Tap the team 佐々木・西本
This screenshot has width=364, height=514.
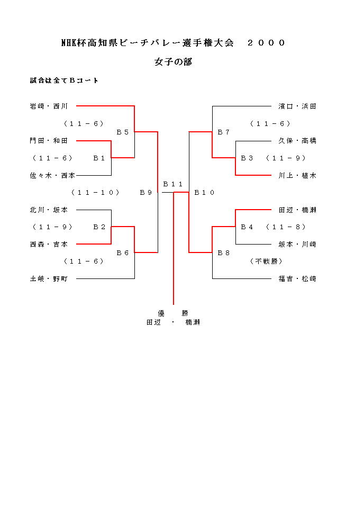tap(52, 175)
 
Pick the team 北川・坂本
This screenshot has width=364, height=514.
tap(49, 210)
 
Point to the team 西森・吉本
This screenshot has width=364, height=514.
tap(49, 244)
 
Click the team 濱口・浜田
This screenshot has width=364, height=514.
tap(297, 106)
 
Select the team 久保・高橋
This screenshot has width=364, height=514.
tap(297, 141)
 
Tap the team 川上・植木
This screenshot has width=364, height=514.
tap(297, 175)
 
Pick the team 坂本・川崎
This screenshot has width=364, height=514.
tap(297, 244)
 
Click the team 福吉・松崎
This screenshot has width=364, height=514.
tap(297, 278)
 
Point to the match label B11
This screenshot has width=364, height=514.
tap(173, 184)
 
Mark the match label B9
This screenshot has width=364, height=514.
tap(146, 193)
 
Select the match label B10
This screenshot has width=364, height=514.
tap(204, 193)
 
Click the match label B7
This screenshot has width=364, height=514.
tap(224, 132)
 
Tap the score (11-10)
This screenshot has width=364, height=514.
tap(95, 193)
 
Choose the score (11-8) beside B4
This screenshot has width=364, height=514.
tap(286, 227)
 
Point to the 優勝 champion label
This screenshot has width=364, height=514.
tap(173, 313)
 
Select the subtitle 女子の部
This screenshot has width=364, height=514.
tap(173, 62)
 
